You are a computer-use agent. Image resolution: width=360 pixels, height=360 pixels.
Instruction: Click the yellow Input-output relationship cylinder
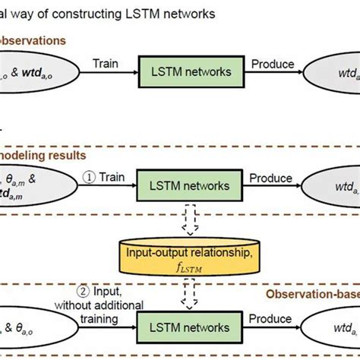coord(179,258)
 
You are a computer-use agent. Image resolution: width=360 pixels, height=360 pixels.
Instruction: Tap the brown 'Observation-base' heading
coord(311,293)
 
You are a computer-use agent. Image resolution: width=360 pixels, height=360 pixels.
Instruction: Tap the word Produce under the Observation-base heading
coord(270,321)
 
